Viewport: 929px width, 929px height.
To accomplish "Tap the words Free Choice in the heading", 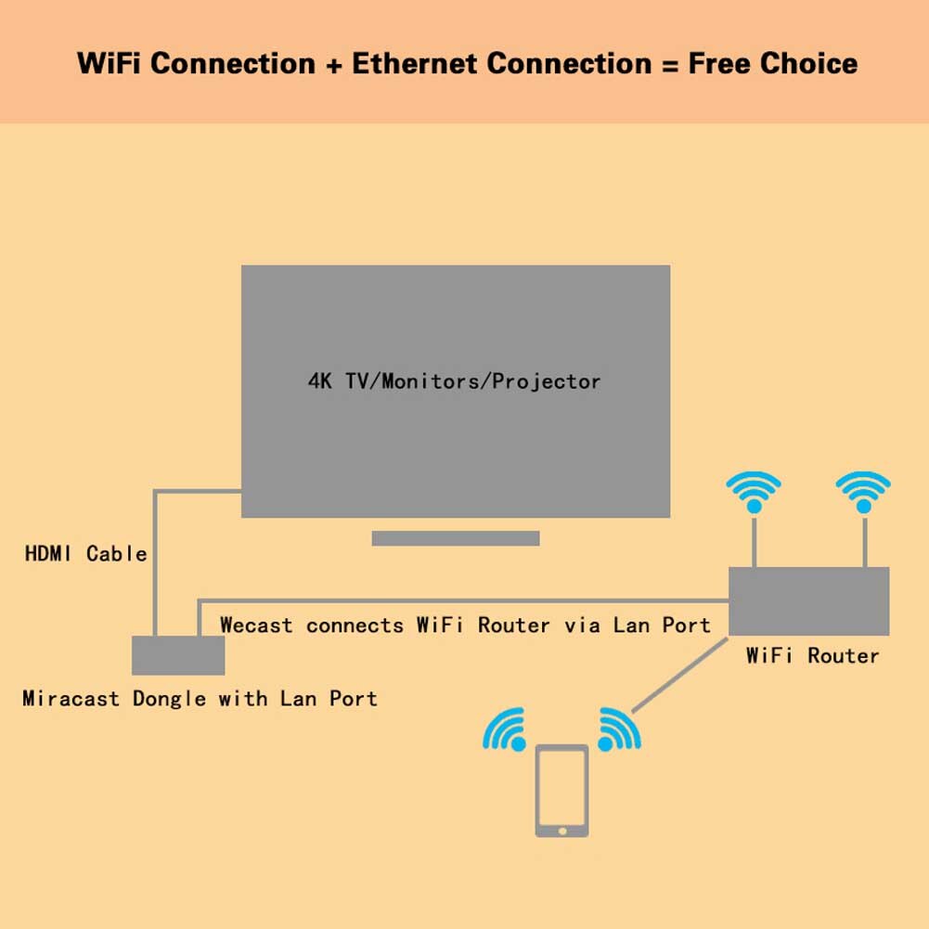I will click(x=772, y=64).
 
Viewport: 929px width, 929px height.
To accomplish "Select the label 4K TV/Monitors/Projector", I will click(x=454, y=381).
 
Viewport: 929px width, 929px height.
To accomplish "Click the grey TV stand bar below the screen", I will click(x=455, y=538).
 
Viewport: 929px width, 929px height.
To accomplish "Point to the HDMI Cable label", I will click(x=85, y=554).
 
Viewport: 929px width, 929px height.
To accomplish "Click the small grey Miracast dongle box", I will click(x=178, y=655).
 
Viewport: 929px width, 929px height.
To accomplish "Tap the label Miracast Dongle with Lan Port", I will click(x=200, y=699).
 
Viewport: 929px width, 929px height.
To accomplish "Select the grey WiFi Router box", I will click(x=808, y=601).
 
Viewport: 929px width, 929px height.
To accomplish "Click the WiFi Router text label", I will click(x=812, y=656).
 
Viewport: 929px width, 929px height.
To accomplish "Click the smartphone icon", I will click(x=561, y=790).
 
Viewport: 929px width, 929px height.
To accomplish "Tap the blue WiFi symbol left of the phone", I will click(x=506, y=729).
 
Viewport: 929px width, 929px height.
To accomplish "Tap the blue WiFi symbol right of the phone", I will click(x=618, y=729).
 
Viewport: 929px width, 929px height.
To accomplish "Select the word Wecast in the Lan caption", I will click(x=256, y=626).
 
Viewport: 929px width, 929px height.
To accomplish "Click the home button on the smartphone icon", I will click(x=561, y=830).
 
